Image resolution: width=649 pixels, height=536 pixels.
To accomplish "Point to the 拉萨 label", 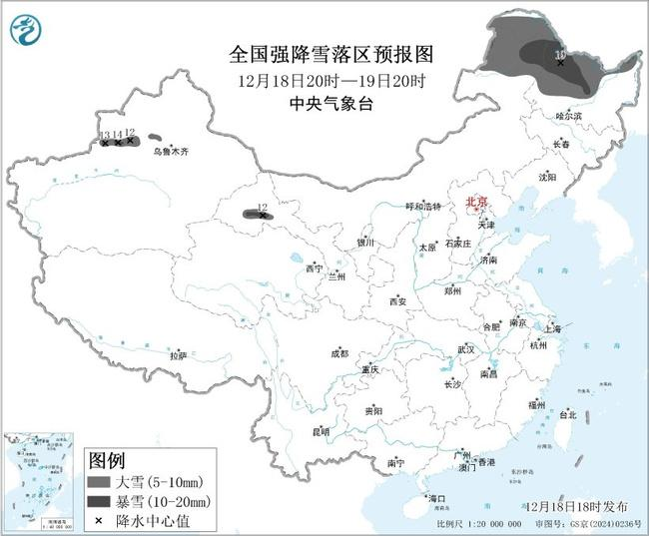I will click(x=178, y=355).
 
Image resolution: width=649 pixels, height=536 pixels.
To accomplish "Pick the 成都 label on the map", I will click(x=339, y=353).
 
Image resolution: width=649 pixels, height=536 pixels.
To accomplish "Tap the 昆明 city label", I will click(x=321, y=431).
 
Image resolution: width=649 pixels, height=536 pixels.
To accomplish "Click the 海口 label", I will click(x=435, y=497).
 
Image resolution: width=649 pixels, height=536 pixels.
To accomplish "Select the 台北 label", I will click(x=567, y=414).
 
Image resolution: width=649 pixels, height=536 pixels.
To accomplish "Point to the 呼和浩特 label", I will click(x=422, y=206).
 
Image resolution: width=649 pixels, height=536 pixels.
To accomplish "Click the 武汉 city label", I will click(x=466, y=349).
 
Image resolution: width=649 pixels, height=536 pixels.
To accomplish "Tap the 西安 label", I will click(x=398, y=300).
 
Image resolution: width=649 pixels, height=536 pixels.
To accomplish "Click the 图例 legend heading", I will click(x=108, y=460).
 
